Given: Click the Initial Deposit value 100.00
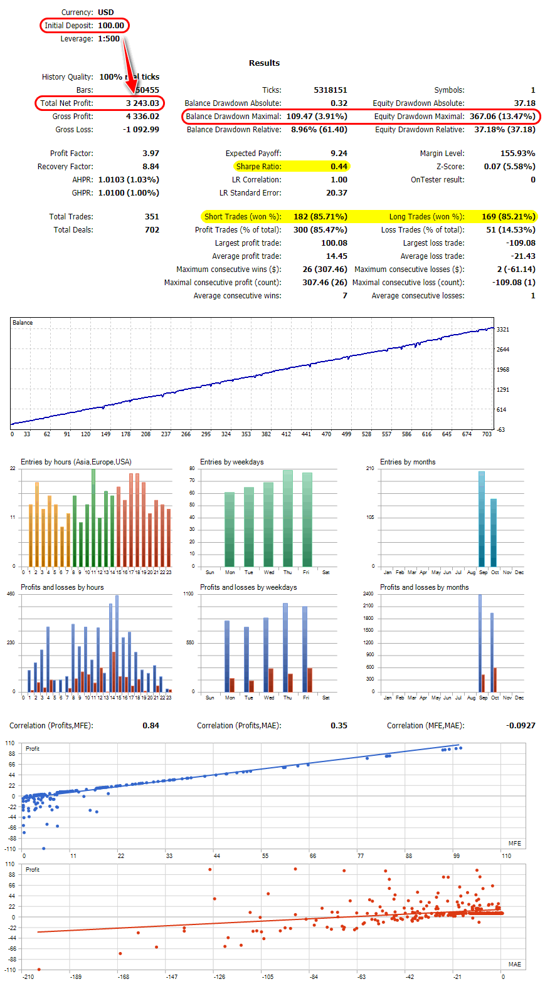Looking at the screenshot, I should coord(111,26).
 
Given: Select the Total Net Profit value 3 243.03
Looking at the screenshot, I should coord(142,103).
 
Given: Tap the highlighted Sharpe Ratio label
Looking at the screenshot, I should coord(258,167).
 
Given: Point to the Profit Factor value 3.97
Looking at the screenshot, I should coord(151,154).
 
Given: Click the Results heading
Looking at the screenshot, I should coord(264,63).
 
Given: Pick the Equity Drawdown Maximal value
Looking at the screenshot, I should coord(502,117).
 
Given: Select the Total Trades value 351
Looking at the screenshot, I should coord(152,217).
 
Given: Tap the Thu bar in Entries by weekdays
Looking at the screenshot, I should coord(288,518).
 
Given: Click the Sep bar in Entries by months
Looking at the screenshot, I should coord(482,519).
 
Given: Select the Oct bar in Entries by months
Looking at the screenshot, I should coord(494,533).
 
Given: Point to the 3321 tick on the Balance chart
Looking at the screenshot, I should coord(503,330).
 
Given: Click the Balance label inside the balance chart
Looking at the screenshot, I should coord(23,323).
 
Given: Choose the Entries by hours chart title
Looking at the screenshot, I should coord(76,462).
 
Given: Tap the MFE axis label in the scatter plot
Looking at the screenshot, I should coord(514,844).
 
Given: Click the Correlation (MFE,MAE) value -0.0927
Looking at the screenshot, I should coord(521,726).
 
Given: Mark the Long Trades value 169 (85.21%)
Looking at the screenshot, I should coord(508,217).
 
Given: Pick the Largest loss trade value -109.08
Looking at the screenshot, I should coord(521,243).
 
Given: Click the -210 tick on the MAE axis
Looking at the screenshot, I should coord(28,977).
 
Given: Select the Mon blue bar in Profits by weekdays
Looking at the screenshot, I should coord(227,656).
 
